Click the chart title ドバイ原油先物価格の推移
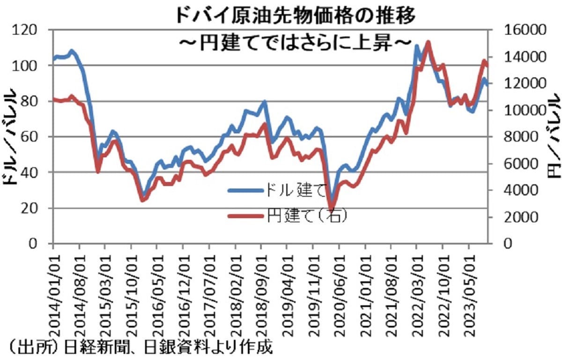(295, 15)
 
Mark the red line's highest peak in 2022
(428, 42)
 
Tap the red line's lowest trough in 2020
(332, 210)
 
